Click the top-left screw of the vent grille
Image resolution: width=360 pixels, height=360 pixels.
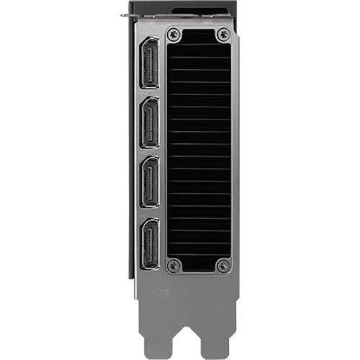(x=172, y=34)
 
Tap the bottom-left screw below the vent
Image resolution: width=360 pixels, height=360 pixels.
(x=172, y=266)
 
